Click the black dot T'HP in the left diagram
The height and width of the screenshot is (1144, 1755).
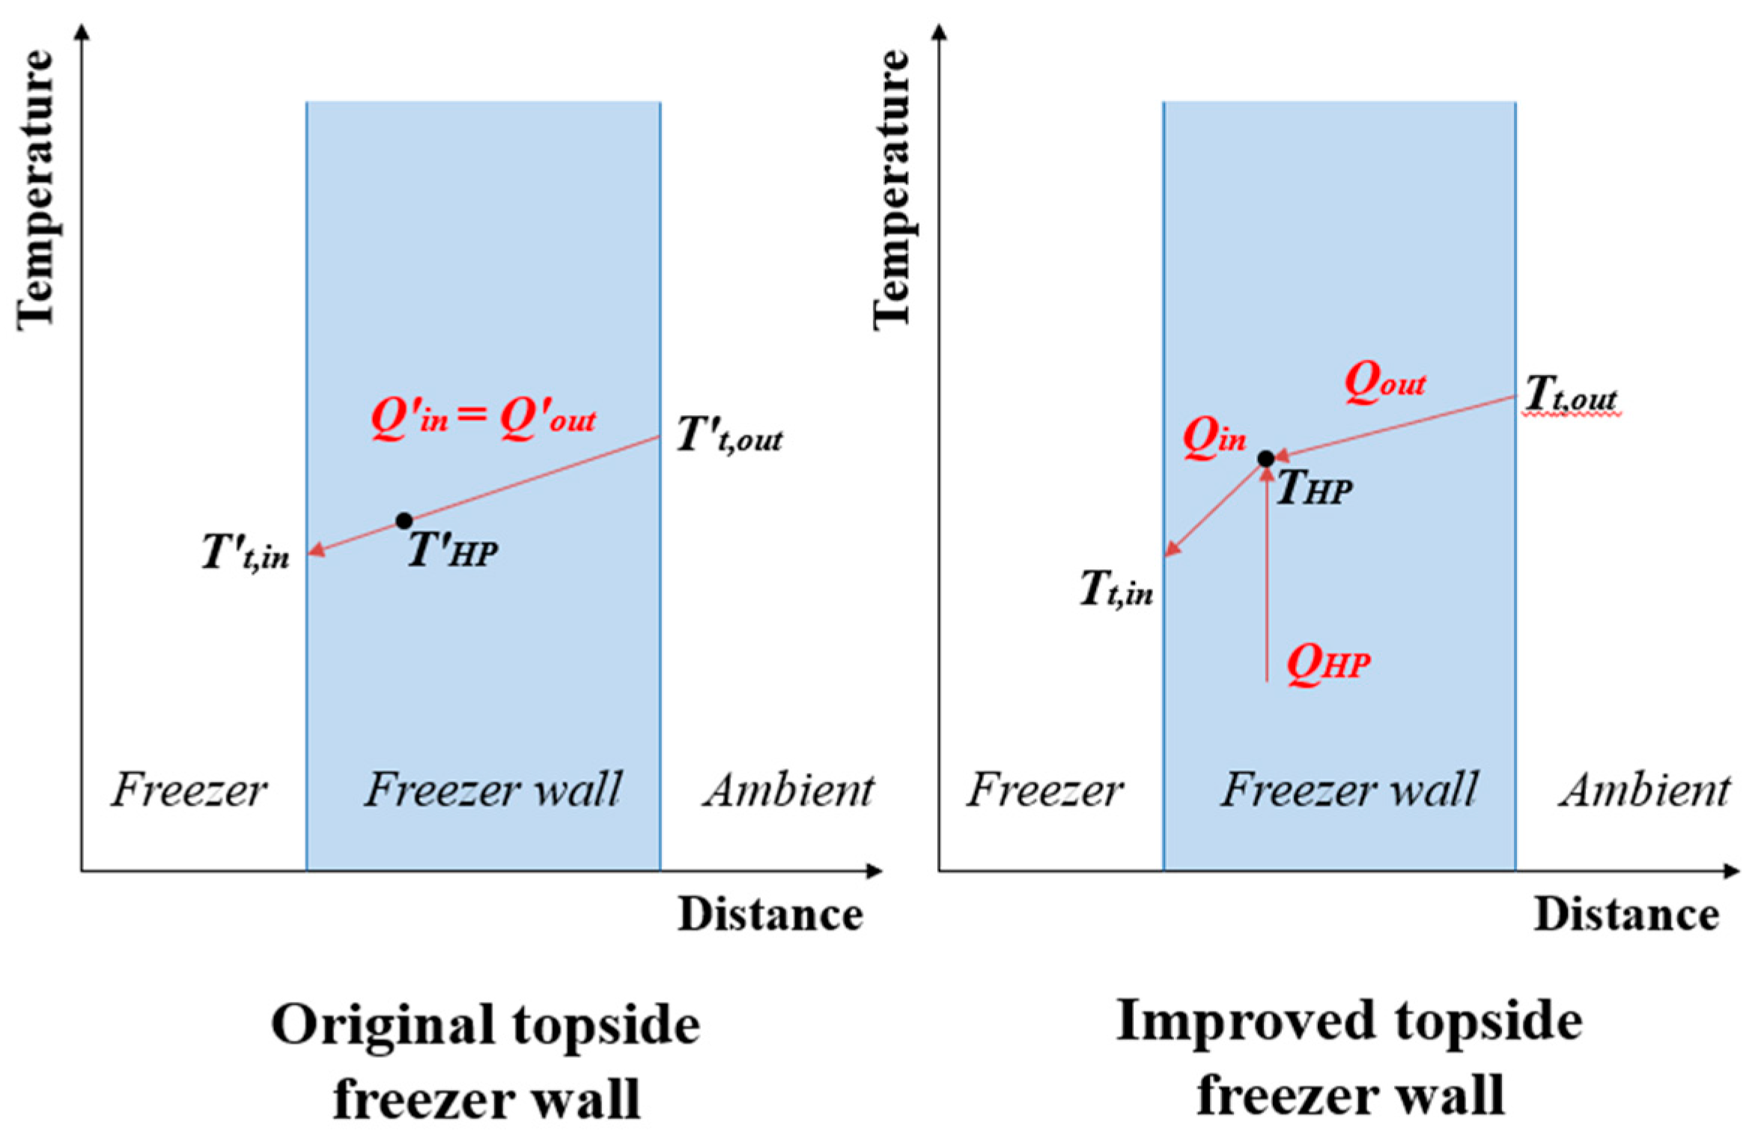pyautogui.click(x=404, y=520)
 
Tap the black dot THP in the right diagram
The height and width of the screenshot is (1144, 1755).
pyautogui.click(x=1265, y=459)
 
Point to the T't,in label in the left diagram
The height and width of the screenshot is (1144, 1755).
pyautogui.click(x=246, y=554)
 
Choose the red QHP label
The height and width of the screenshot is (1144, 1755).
pyautogui.click(x=1328, y=664)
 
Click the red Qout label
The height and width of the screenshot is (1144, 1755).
pyautogui.click(x=1384, y=384)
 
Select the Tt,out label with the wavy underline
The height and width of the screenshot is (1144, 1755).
pyautogui.click(x=1571, y=394)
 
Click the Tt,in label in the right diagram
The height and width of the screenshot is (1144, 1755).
pyautogui.click(x=1116, y=590)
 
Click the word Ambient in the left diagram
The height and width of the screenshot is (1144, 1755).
pyautogui.click(x=788, y=791)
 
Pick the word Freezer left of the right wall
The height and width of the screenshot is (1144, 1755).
pyautogui.click(x=1044, y=791)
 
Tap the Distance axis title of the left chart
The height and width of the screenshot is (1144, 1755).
pyautogui.click(x=770, y=914)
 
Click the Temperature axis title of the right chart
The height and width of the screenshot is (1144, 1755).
pyautogui.click(x=892, y=191)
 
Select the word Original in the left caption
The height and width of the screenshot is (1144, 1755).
pyautogui.click(x=382, y=1026)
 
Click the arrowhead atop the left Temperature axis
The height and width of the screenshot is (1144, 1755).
pyautogui.click(x=84, y=32)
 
